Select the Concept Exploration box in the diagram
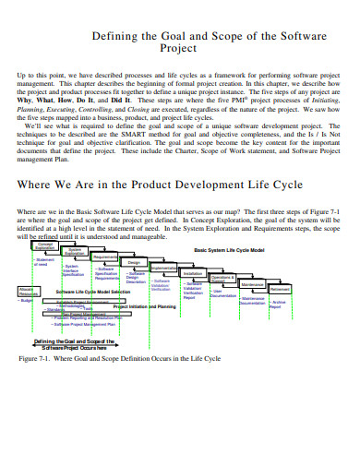45,245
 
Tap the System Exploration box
75,252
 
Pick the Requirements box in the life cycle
105,257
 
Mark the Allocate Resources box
28,292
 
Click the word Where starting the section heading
38,185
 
